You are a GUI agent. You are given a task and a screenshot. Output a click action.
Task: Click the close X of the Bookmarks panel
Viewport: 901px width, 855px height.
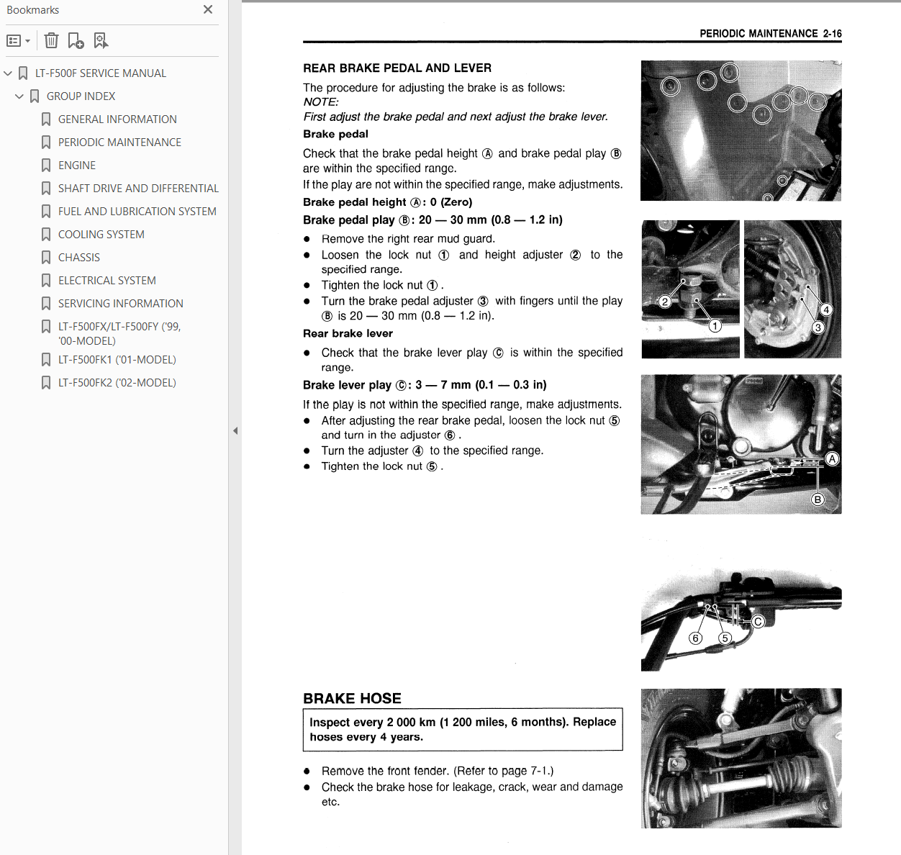208,9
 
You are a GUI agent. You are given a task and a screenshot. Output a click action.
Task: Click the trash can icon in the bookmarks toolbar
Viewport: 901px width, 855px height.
51,40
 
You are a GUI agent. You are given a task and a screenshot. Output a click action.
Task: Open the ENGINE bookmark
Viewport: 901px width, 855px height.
77,166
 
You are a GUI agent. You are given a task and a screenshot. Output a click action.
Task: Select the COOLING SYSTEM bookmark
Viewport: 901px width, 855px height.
101,235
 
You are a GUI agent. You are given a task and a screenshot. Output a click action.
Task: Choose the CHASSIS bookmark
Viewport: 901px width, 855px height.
79,258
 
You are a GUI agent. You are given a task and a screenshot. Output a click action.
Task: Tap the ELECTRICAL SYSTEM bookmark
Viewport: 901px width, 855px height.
107,281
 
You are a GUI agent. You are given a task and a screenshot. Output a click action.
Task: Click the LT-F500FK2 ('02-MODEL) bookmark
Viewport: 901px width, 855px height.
117,383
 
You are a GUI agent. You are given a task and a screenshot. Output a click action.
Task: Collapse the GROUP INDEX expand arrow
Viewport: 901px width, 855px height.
19,96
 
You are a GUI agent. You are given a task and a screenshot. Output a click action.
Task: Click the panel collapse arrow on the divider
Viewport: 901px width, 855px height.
235,431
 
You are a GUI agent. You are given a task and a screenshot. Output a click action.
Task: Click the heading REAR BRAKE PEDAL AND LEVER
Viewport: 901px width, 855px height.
397,68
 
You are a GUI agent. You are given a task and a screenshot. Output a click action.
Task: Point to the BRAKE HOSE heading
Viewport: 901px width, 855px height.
352,699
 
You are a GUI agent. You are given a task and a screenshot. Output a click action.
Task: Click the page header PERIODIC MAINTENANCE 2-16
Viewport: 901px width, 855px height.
770,34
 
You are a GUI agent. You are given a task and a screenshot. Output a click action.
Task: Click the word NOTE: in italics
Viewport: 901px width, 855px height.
321,102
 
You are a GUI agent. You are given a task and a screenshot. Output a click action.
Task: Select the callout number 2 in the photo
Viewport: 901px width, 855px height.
665,302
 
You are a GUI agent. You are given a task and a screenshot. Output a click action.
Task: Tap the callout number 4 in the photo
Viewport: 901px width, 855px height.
827,310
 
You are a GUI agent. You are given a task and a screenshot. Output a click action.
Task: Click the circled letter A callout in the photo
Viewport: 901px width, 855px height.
832,459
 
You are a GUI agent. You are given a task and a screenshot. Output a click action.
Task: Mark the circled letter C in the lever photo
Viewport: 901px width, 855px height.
758,622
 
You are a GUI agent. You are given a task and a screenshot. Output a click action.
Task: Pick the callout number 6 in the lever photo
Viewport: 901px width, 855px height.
695,638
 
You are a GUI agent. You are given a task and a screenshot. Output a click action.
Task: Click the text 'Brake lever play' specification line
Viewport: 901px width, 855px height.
425,385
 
